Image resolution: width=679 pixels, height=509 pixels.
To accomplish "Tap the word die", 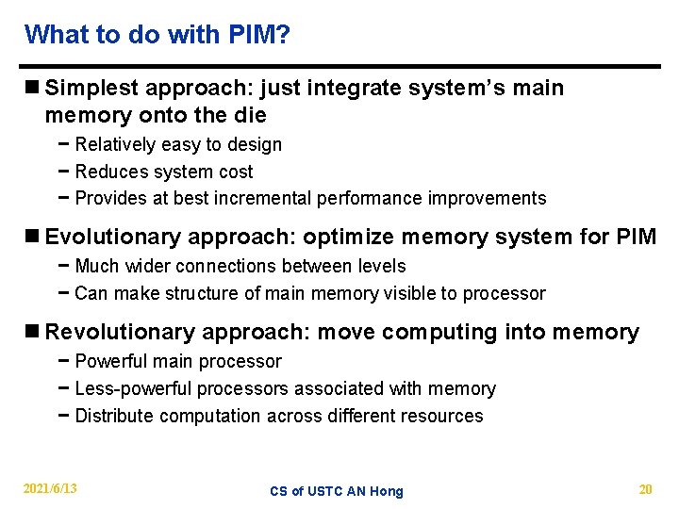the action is [251, 115].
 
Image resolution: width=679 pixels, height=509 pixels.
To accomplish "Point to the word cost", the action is [237, 172].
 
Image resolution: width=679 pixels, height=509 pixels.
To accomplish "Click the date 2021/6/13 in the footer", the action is [51, 488].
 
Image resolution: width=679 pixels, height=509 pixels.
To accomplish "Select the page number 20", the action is [645, 488].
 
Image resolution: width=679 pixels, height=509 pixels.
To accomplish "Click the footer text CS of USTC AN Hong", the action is [336, 491].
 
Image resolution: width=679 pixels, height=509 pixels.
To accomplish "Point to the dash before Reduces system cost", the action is [62, 172].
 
